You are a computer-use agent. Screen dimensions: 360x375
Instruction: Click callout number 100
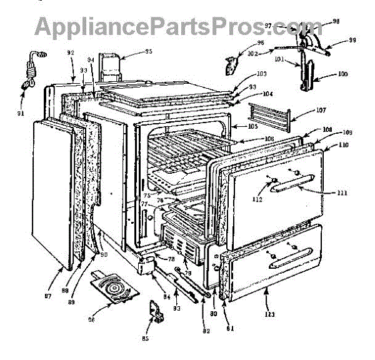tap(342, 74)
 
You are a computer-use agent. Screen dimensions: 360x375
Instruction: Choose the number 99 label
tap(352, 41)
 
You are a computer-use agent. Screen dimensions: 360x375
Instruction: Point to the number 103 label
tap(261, 74)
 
